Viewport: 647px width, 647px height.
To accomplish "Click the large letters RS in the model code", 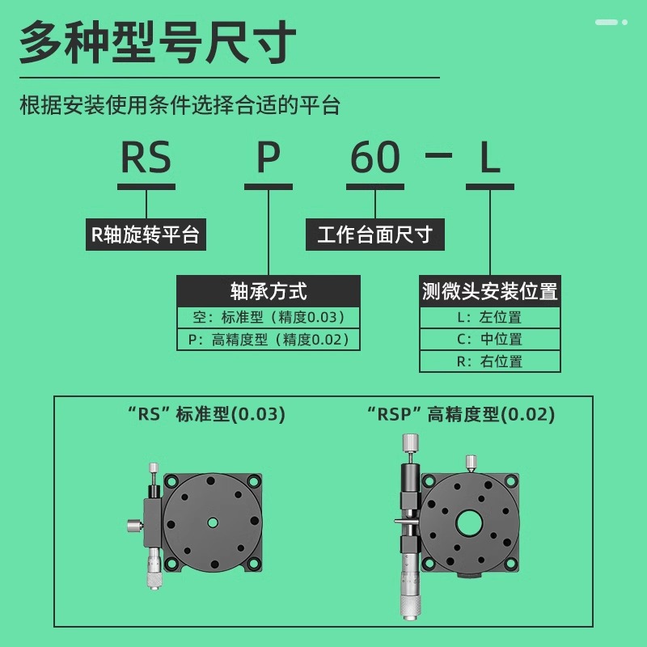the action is coord(146,158).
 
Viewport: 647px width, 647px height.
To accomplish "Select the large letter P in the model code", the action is coord(269,158).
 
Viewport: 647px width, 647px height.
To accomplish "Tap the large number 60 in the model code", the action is coord(375,158).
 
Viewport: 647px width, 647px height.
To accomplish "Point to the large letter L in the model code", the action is coord(490,158).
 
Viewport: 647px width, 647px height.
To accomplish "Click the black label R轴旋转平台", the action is coord(145,235).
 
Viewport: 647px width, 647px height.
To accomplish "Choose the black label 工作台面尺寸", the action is coord(374,235).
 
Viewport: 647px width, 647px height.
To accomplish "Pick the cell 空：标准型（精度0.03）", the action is coord(269,317).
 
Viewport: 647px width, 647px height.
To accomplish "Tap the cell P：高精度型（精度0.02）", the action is coord(269,340).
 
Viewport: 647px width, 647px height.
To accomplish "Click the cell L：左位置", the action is coord(489,317).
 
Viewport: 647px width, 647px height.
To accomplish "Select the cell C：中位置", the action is coord(489,339).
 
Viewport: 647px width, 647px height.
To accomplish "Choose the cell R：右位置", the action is coord(489,361).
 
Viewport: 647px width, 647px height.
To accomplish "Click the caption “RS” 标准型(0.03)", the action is coord(207,415).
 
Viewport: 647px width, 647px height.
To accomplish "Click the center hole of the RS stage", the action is coord(213,522).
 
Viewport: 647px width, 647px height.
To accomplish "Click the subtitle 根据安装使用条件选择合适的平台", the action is coord(180,105).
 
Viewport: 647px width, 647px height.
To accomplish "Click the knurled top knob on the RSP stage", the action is coord(411,442).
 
